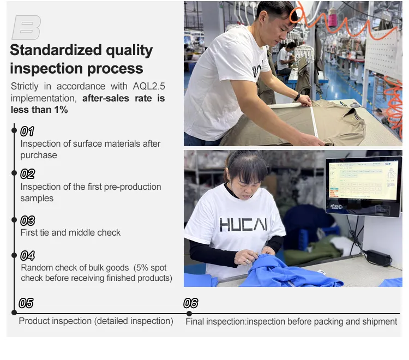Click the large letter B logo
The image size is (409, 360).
click(x=26, y=27)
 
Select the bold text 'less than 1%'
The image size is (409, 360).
click(x=39, y=110)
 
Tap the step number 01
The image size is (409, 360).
click(x=27, y=131)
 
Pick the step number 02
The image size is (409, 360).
click(x=27, y=174)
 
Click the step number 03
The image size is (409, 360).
click(x=27, y=220)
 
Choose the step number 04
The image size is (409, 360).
click(x=27, y=255)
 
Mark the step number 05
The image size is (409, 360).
click(x=26, y=303)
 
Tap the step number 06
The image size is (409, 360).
click(x=191, y=303)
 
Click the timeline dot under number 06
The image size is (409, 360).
click(x=189, y=313)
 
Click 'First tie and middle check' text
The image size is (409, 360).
click(x=70, y=233)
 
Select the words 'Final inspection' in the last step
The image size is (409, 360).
click(x=215, y=322)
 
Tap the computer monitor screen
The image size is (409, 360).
click(x=363, y=184)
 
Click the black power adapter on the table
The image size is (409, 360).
click(x=378, y=257)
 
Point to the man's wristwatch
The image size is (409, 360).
click(x=297, y=97)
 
